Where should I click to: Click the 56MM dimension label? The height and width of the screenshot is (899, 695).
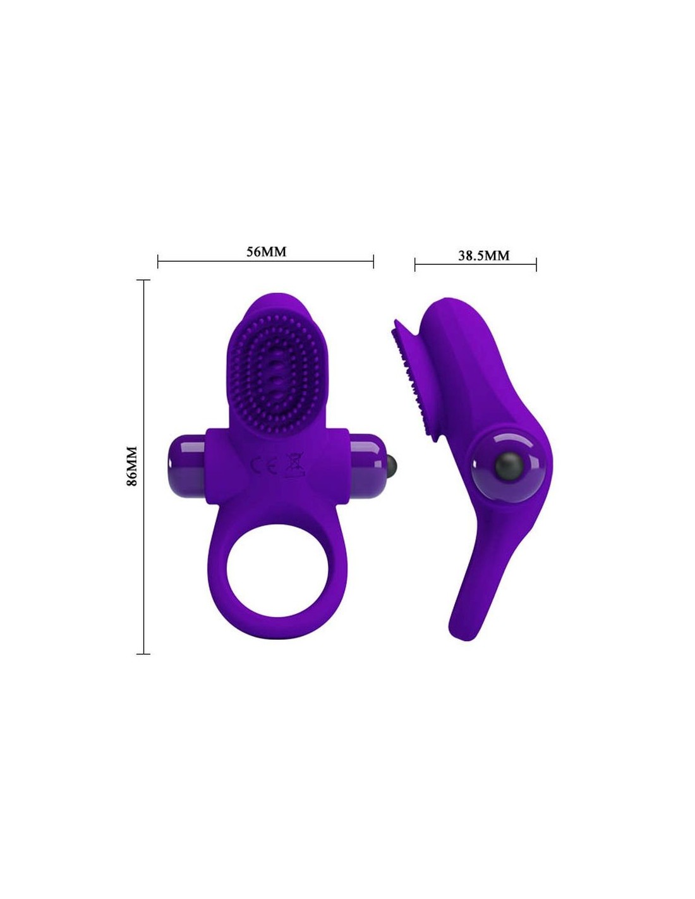coord(266,252)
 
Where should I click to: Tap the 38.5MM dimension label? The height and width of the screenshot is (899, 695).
coord(483,255)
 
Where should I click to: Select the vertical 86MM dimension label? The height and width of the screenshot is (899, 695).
coord(132,467)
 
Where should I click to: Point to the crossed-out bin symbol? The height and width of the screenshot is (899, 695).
coord(294,465)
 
